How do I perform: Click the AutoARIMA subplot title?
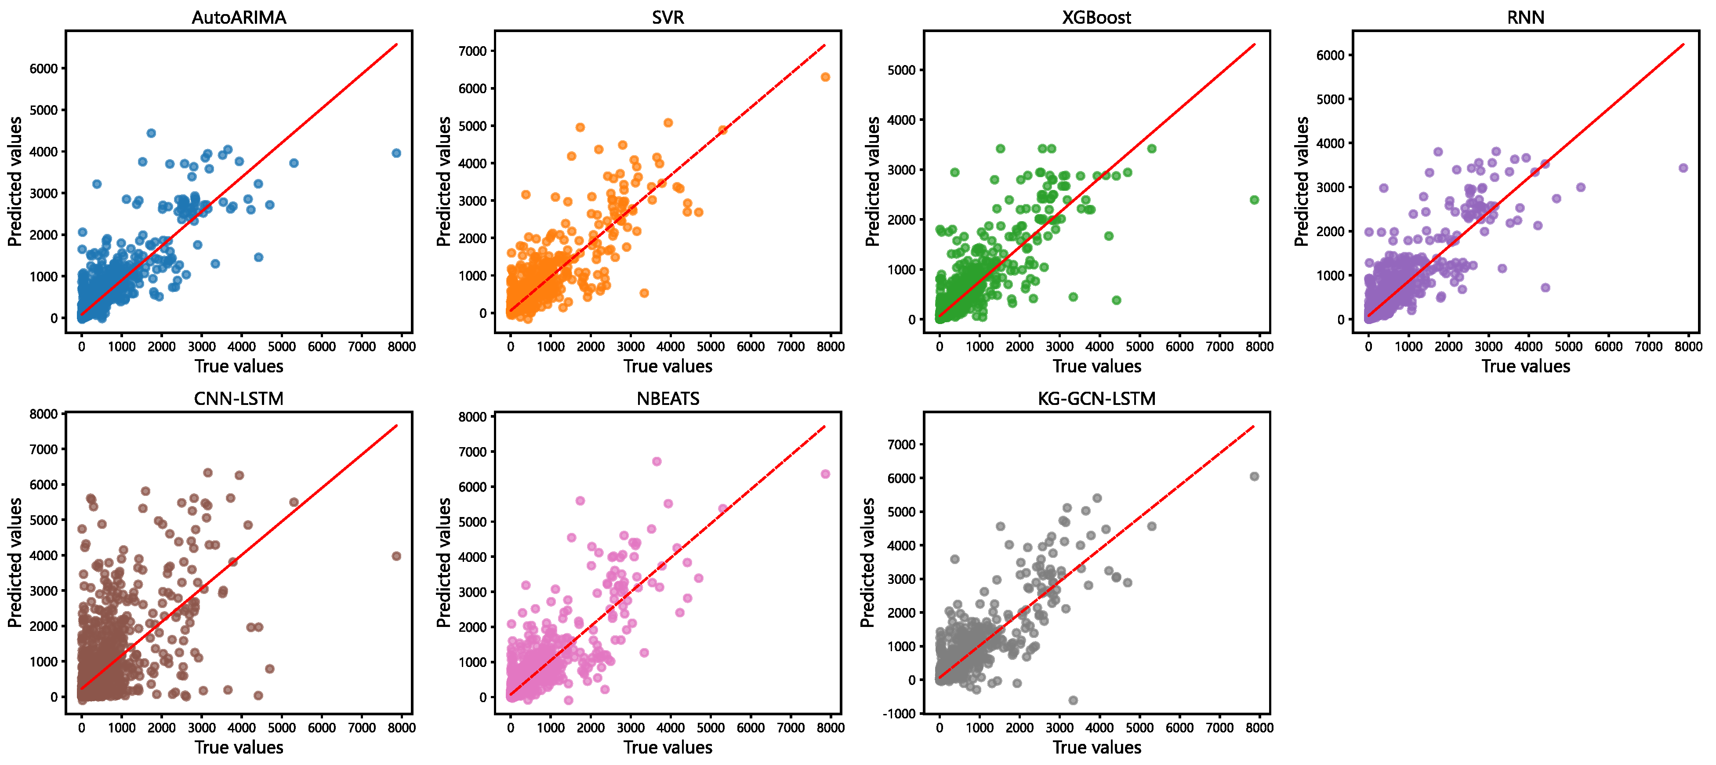pos(239,17)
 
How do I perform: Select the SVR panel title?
pos(668,17)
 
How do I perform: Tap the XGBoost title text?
pos(1096,17)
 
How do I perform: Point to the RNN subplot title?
pos(1525,17)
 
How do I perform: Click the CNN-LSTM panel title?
pos(239,398)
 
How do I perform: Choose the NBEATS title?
pos(668,398)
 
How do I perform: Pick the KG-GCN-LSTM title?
pos(1096,398)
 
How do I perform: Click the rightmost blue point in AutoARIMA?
pos(396,153)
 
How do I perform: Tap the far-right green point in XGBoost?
pos(1254,200)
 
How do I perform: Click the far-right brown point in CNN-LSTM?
pos(396,556)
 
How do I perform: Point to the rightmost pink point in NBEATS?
pos(825,474)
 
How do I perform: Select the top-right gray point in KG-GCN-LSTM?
pos(1254,477)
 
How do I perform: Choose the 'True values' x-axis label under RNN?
pos(1525,367)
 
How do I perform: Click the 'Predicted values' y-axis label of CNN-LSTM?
pos(15,563)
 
